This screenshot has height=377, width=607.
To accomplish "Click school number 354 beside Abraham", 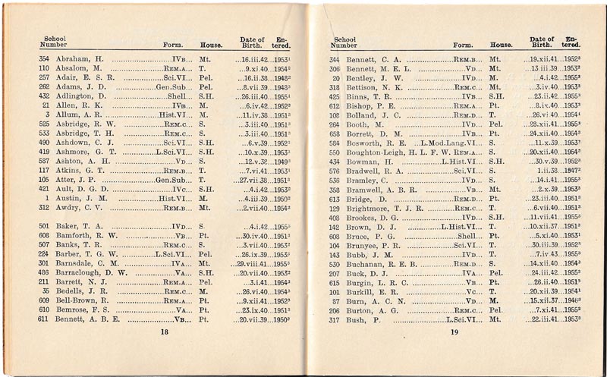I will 44,58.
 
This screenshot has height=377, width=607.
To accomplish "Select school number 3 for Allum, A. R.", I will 48,113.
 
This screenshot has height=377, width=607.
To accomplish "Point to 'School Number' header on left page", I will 48,40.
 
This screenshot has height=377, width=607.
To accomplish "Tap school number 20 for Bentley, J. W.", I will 335,78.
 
